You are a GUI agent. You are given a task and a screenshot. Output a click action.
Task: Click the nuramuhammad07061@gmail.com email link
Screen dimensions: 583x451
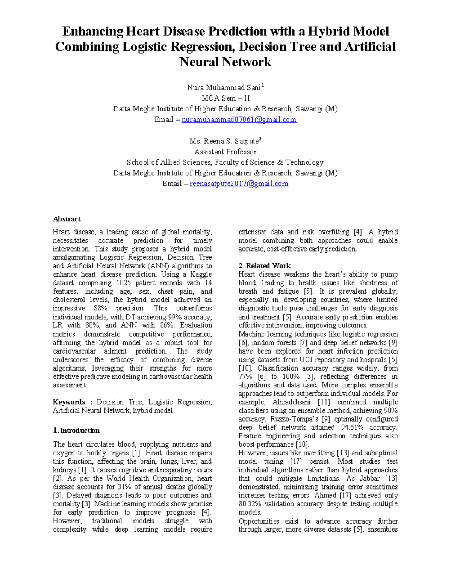[x=239, y=120]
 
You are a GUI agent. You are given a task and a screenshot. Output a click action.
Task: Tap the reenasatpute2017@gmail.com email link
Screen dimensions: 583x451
[x=239, y=184]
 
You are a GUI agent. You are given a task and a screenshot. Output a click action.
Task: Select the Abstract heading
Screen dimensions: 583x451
[x=67, y=219]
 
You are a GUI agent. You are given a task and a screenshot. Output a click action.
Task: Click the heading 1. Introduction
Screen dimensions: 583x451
[x=76, y=431]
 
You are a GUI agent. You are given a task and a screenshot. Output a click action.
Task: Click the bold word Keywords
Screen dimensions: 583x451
[x=69, y=402]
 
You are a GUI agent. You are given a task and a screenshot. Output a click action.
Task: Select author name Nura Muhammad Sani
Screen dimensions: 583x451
[x=224, y=88]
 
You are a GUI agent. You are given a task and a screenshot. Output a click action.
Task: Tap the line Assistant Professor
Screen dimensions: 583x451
[x=225, y=152]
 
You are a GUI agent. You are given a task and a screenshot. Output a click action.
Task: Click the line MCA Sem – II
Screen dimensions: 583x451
[x=225, y=98]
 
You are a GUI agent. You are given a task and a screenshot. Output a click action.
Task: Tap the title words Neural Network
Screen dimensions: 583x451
[x=225, y=62]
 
